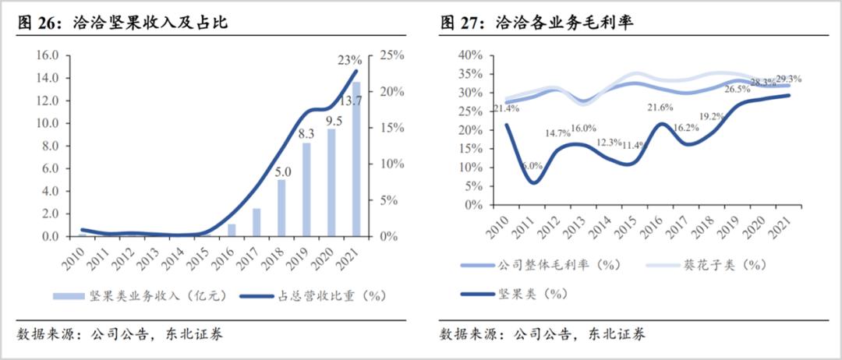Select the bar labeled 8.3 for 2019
coord(306,189)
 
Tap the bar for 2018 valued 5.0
coord(281,207)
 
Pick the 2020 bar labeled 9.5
coord(331,182)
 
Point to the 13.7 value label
coord(350,101)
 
